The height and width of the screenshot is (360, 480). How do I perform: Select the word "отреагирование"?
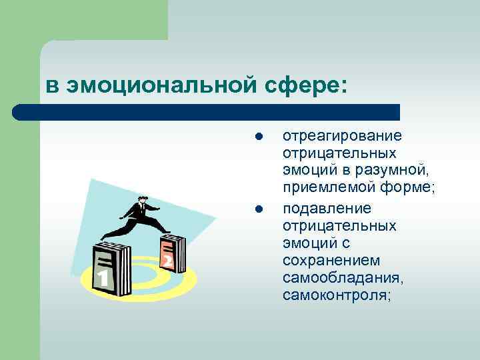(342, 136)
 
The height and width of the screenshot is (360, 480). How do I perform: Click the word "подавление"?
(327, 209)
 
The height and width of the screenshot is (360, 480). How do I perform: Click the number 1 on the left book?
(102, 277)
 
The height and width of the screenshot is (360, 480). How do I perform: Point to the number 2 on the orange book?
(167, 261)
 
